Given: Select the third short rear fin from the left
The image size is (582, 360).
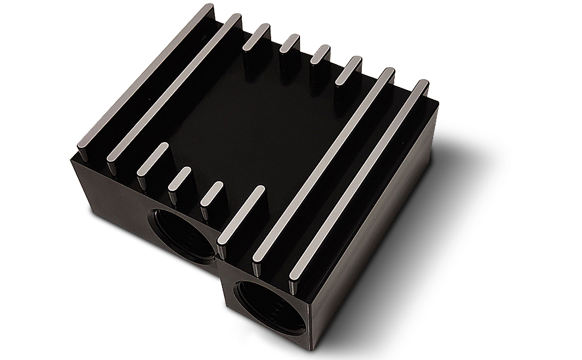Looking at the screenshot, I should pos(319,56).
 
